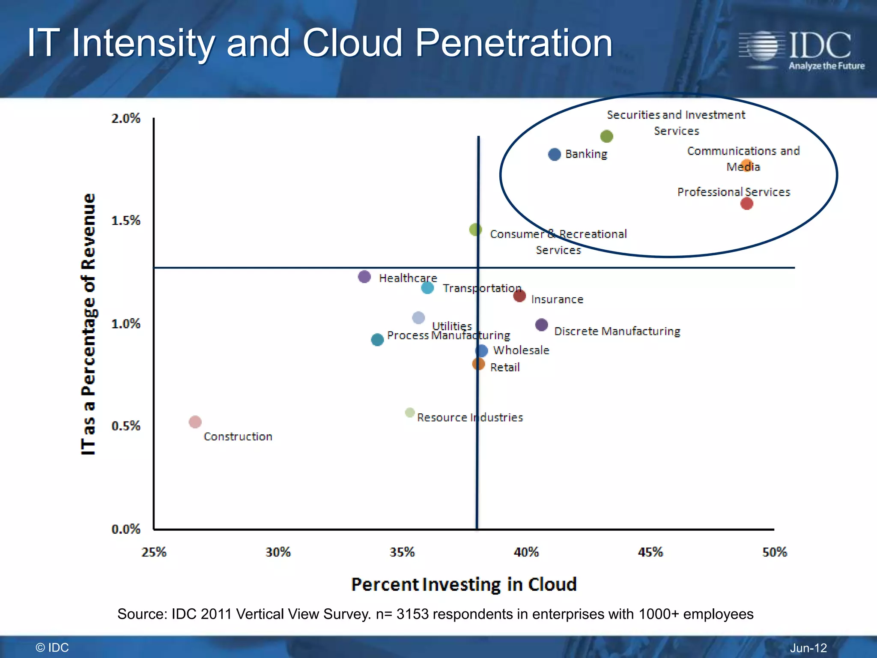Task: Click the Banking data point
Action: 555,154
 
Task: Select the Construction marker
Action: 195,422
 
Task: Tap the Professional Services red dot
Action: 747,203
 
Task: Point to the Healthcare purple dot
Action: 364,277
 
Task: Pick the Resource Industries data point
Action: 410,413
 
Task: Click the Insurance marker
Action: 519,296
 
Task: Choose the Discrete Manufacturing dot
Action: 542,325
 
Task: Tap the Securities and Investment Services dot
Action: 606,136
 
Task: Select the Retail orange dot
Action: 478,364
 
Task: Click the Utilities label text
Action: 452,326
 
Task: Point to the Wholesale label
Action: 521,350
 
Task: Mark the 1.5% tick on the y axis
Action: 126,221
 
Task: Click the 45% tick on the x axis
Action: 650,552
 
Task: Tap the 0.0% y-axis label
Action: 126,529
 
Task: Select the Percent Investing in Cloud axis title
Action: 464,585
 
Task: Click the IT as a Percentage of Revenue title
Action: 89,324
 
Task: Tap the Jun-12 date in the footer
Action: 808,648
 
